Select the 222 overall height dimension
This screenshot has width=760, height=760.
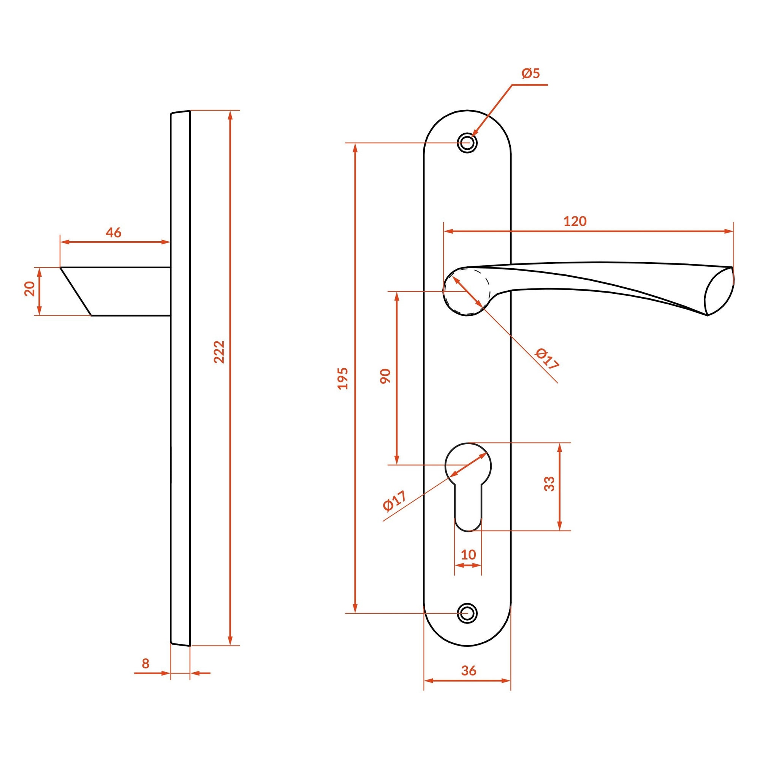click(219, 351)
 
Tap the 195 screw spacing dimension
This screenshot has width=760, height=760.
click(343, 378)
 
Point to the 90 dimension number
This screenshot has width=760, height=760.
click(385, 376)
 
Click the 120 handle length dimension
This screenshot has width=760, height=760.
click(575, 222)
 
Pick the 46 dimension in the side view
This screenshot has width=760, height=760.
click(113, 233)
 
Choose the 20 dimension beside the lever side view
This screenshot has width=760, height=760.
click(30, 289)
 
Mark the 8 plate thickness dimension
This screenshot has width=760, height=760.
click(146, 663)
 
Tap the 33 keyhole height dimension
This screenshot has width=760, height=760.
click(549, 484)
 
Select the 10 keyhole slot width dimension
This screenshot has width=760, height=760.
click(468, 555)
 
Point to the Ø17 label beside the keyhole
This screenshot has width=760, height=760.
click(394, 500)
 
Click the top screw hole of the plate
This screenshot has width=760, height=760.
click(467, 142)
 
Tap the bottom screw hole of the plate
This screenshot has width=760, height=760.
click(467, 613)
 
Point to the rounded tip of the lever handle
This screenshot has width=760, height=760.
click(719, 291)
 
